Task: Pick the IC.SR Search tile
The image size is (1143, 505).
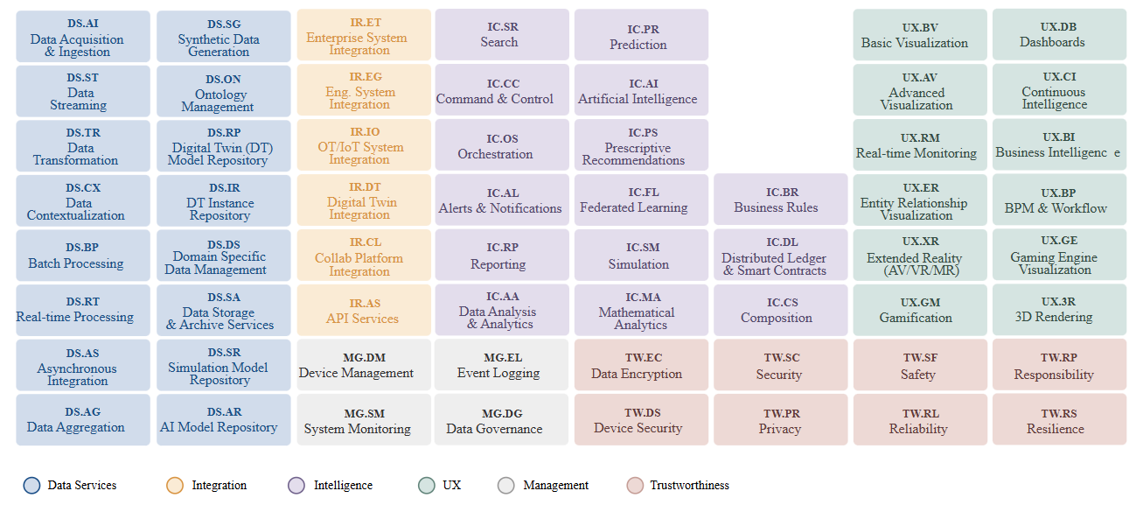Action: (x=502, y=35)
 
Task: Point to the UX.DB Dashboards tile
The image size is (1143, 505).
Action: (x=1059, y=35)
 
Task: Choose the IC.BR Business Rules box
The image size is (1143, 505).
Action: (x=781, y=200)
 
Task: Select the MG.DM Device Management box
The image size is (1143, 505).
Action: (x=364, y=365)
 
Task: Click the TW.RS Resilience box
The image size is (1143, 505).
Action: (x=1059, y=420)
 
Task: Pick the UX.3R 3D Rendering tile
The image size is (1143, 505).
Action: (x=1059, y=310)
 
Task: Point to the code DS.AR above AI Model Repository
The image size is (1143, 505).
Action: (x=224, y=411)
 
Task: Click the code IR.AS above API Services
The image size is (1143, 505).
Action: (x=365, y=303)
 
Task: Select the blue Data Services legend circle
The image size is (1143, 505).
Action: (x=32, y=486)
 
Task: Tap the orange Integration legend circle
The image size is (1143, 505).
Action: (x=175, y=486)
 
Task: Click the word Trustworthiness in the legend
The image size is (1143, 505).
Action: (x=689, y=486)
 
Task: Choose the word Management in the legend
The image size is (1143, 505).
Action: (x=555, y=486)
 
